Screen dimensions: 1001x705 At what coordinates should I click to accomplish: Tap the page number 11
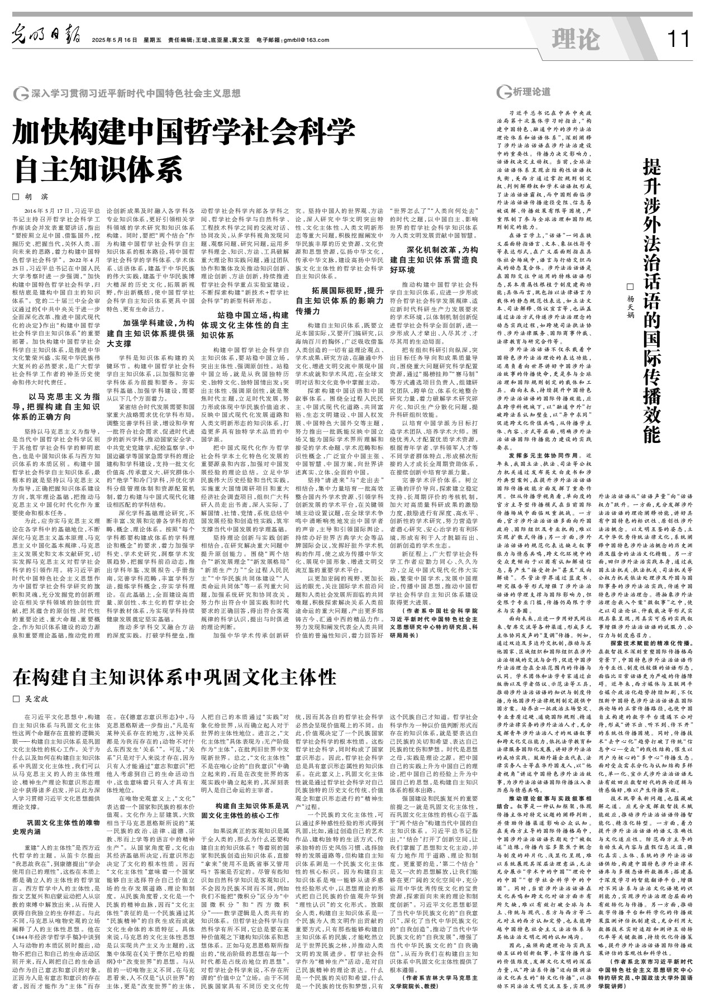click(x=679, y=39)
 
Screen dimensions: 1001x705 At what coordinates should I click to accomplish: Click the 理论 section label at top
click(x=575, y=39)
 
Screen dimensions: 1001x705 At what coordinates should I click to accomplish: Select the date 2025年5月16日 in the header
click(x=115, y=40)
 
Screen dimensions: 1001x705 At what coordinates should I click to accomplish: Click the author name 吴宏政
click(x=36, y=699)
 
